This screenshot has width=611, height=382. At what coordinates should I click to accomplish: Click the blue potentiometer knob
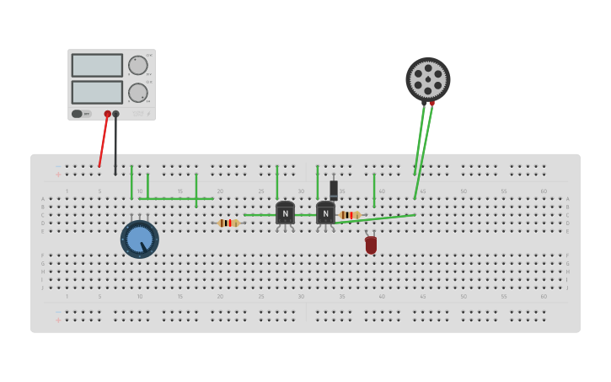point(139,239)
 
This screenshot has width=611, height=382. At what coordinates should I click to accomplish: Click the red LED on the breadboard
point(371,245)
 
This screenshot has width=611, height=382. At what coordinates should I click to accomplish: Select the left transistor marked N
point(285,213)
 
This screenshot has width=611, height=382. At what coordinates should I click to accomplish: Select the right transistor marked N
point(325,213)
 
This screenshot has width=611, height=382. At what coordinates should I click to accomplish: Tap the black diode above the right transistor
point(334,190)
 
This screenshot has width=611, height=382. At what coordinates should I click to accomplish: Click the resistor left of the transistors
point(228,223)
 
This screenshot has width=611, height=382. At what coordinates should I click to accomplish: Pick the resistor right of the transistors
point(350,215)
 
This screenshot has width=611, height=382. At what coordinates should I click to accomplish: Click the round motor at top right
point(428,79)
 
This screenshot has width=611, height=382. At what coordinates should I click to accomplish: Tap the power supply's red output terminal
point(107,114)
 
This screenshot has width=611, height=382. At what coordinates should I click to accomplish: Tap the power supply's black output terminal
point(115,114)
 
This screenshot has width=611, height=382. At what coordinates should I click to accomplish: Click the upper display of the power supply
point(97,65)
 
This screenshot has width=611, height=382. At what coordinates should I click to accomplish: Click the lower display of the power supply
point(97,92)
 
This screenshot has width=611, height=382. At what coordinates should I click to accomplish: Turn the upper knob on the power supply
point(137,66)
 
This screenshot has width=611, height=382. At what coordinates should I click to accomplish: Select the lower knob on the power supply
point(137,93)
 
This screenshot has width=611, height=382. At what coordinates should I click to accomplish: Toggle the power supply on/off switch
point(78,114)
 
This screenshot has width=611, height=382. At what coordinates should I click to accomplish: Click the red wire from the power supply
point(103,142)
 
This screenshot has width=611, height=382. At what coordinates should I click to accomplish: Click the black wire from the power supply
point(115,148)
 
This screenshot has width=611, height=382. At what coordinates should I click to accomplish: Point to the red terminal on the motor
point(431,104)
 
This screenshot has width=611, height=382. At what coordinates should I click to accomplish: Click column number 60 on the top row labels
point(544,191)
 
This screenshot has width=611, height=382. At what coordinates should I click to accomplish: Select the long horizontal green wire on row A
point(175,199)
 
